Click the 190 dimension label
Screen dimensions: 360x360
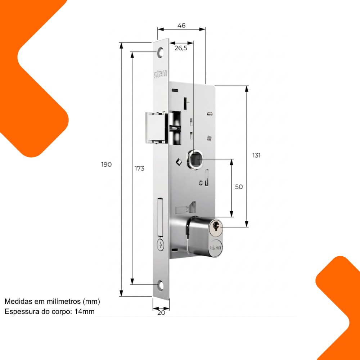(106, 165)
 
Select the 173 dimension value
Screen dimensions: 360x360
(139, 168)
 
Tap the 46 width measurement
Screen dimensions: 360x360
(181, 26)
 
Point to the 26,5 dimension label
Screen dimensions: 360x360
(181, 48)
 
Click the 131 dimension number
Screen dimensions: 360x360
(256, 156)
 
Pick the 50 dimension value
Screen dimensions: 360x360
(239, 187)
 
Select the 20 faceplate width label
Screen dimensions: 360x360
(161, 313)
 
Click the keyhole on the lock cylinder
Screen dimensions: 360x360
(216, 225)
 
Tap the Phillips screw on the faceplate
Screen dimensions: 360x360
(161, 245)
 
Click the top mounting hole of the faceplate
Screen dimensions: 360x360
(161, 52)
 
